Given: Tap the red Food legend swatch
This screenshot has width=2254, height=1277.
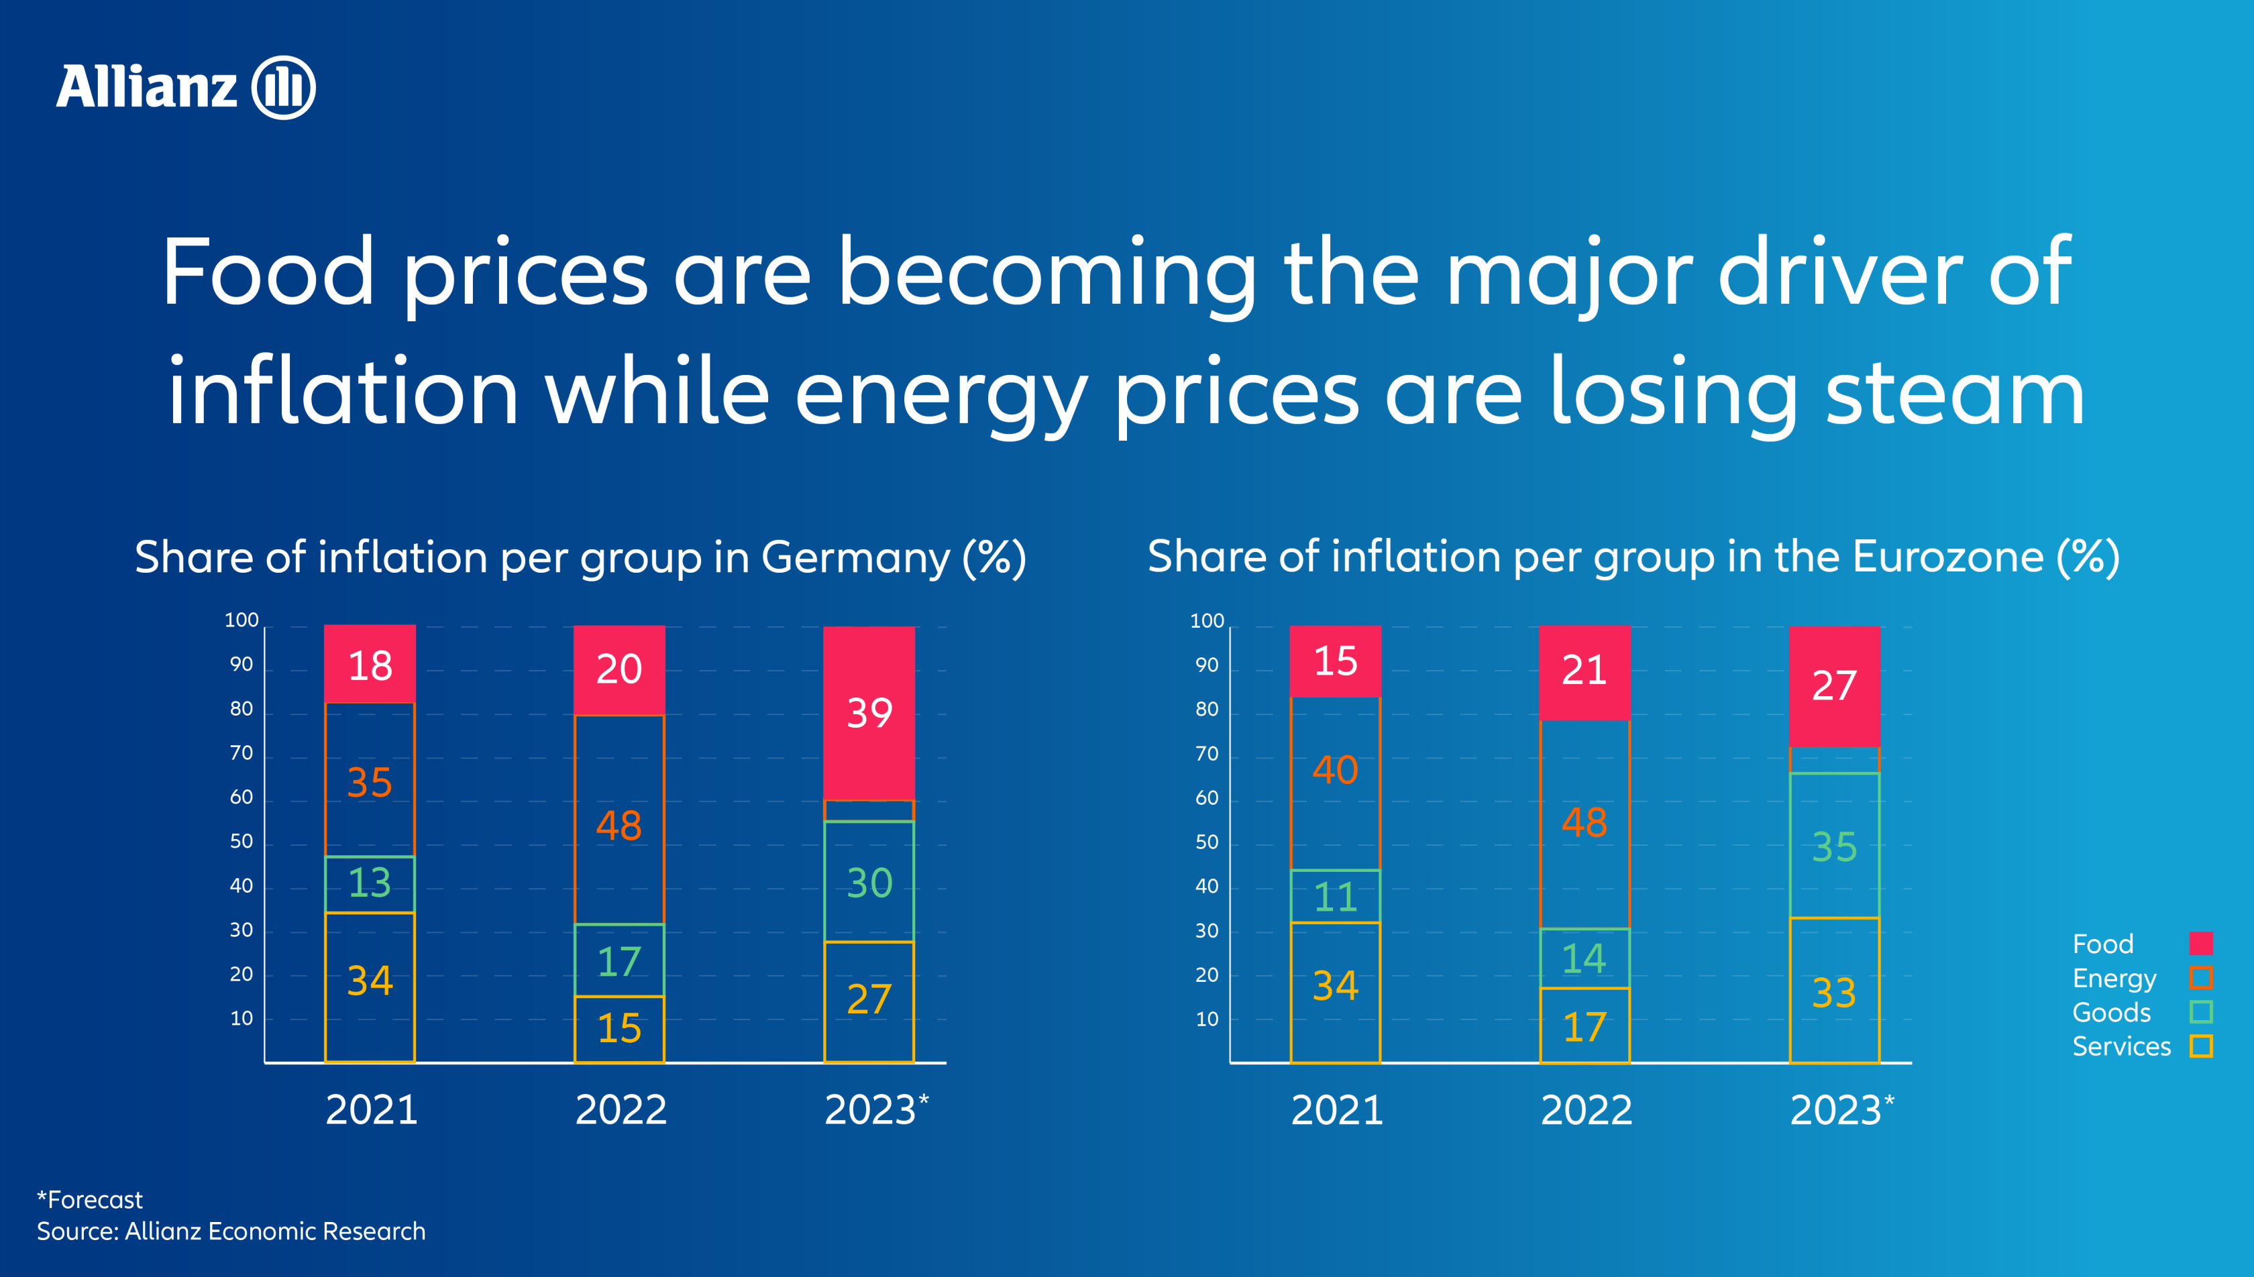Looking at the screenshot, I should pyautogui.click(x=2200, y=943).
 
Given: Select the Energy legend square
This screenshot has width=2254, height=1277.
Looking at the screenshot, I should pyautogui.click(x=2200, y=977).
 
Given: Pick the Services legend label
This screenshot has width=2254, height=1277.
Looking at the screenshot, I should pyautogui.click(x=2121, y=1046).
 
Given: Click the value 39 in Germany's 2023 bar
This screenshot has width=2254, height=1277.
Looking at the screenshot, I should pyautogui.click(x=869, y=712).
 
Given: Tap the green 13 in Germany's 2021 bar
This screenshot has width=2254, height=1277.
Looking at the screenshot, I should pyautogui.click(x=369, y=883).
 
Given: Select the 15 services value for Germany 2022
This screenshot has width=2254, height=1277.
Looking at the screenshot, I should pyautogui.click(x=619, y=1028).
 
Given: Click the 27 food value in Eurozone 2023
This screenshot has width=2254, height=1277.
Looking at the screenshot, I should pyautogui.click(x=1834, y=685).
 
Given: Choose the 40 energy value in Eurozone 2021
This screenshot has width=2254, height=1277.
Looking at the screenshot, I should pyautogui.click(x=1335, y=770).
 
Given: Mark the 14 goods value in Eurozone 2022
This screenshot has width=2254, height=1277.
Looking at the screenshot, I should pyautogui.click(x=1584, y=958).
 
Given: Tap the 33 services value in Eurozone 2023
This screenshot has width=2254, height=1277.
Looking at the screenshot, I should pyautogui.click(x=1834, y=993).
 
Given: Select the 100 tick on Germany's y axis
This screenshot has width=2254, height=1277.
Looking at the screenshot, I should pyautogui.click(x=241, y=620).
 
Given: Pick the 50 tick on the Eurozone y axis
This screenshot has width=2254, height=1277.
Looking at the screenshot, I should pyautogui.click(x=1207, y=842).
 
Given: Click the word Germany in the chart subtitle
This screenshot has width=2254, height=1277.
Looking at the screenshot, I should pyautogui.click(x=855, y=558).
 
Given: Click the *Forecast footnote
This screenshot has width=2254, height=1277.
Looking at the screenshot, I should pyautogui.click(x=89, y=1199).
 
